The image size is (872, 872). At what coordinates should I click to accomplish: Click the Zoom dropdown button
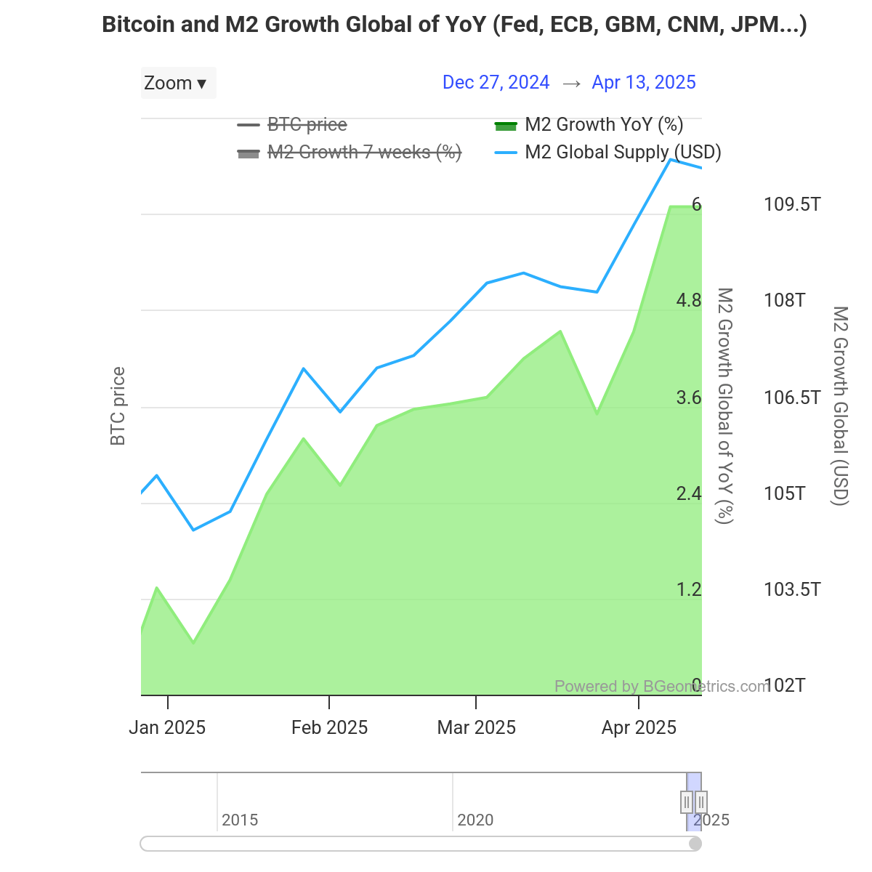tap(177, 83)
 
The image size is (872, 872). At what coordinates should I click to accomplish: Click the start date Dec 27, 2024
tap(496, 82)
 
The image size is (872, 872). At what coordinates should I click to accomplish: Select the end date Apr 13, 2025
tap(644, 82)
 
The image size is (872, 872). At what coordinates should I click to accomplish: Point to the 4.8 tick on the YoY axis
tap(689, 300)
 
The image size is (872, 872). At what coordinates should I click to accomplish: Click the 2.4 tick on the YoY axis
tap(689, 493)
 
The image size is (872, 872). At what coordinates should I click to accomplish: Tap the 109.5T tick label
tap(792, 204)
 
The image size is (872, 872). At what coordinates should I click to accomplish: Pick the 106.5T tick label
tap(792, 397)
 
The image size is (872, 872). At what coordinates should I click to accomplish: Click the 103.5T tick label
tap(792, 589)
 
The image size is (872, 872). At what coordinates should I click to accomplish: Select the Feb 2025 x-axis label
tap(329, 727)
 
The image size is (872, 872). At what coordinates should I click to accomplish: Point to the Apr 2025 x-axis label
tap(639, 727)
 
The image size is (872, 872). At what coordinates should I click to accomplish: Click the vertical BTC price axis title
tap(118, 406)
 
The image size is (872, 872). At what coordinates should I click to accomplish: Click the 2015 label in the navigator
tap(240, 820)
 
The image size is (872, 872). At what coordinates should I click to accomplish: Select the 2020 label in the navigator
tap(475, 820)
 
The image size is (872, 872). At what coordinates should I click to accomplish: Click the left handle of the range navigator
tap(687, 802)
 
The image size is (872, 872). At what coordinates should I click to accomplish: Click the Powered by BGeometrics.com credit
tap(661, 686)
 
